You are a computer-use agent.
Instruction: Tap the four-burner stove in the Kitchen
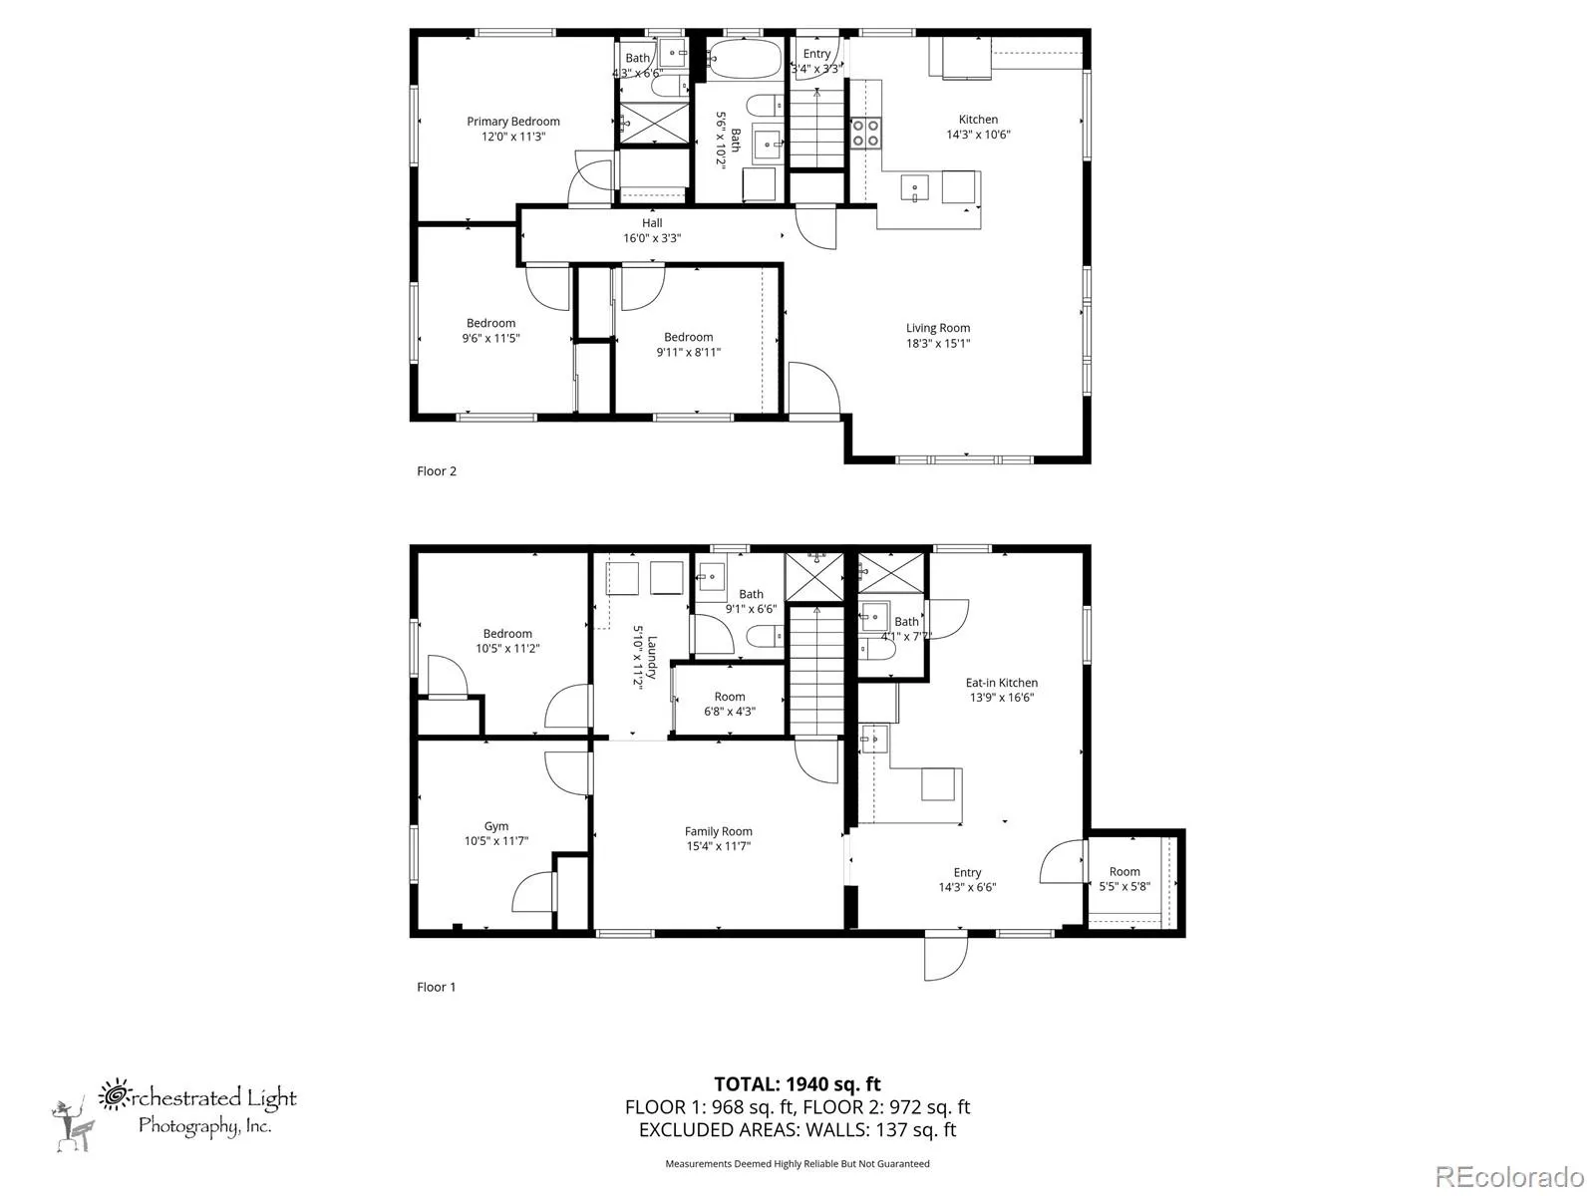click(x=865, y=133)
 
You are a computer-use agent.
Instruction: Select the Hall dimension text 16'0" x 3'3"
click(x=652, y=238)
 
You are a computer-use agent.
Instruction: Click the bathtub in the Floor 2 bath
click(x=745, y=58)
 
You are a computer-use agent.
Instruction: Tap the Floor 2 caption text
click(x=436, y=471)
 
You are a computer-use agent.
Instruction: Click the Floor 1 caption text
click(x=436, y=987)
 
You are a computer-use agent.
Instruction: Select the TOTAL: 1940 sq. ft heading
click(x=797, y=1084)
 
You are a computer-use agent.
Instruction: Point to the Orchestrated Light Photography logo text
click(x=197, y=1110)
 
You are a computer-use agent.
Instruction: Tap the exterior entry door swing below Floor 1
click(x=946, y=957)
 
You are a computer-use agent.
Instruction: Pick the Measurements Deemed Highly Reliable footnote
click(x=797, y=1163)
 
